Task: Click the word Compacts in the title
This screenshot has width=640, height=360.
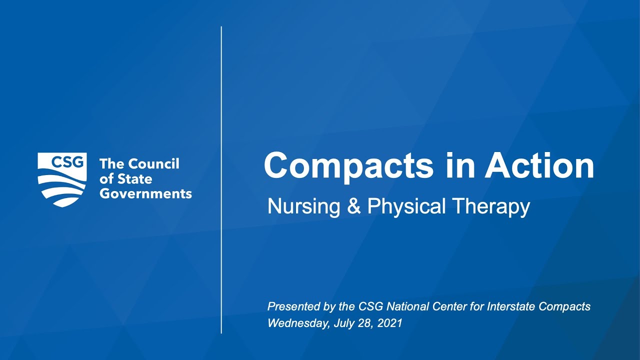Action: click(348, 166)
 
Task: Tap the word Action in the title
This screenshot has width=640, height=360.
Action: click(539, 166)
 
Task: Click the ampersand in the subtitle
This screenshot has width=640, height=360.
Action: click(353, 206)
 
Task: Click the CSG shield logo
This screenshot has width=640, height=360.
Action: click(62, 179)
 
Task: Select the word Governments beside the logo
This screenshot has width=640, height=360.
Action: click(145, 193)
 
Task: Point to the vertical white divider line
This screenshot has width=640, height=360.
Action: click(221, 180)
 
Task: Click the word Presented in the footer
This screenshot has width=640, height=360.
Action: click(289, 306)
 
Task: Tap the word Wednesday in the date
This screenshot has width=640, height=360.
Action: click(298, 323)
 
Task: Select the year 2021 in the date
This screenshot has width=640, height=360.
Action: click(390, 323)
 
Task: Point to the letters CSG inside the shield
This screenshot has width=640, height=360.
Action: click(62, 162)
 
